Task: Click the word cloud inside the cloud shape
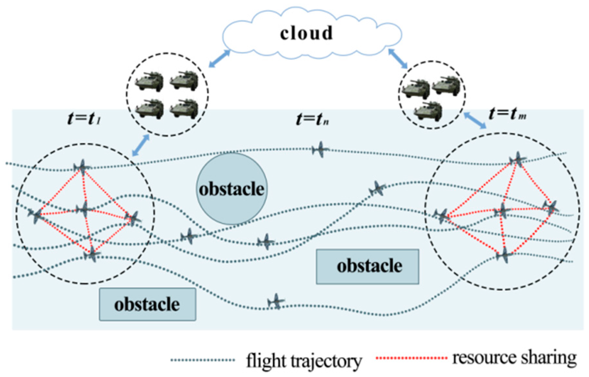307,33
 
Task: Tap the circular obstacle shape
232,189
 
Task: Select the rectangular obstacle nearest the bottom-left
147,304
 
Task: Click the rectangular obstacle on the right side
368,267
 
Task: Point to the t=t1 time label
84,118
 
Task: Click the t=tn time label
312,119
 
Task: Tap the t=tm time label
507,114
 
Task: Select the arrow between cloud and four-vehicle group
219,59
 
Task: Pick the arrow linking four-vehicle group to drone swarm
141,145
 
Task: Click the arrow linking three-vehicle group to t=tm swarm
475,120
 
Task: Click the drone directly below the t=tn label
320,149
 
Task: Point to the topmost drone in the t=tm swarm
517,159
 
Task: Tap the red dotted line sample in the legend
411,358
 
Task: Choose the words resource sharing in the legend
514,358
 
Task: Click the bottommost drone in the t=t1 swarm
92,254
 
